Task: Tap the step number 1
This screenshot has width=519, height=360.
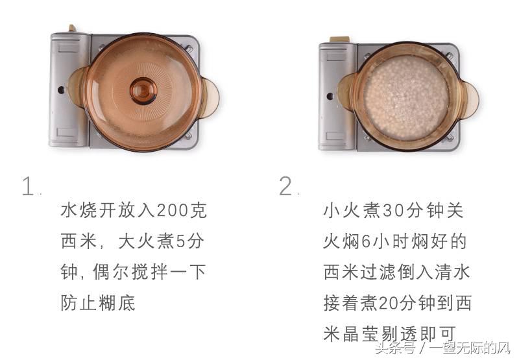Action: coord(28,187)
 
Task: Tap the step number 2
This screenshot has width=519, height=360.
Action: coord(286,187)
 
